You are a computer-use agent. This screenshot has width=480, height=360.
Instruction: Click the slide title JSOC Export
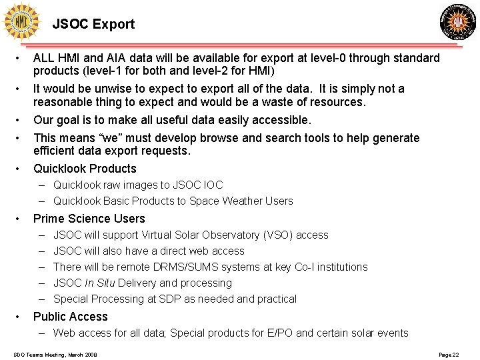[x=93, y=25]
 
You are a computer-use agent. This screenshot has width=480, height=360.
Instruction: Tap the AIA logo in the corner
[x=458, y=22]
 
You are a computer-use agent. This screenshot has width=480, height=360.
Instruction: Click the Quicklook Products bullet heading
[x=85, y=169]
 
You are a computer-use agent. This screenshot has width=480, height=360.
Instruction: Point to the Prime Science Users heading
[x=89, y=219]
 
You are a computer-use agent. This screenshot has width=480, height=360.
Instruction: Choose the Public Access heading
[x=70, y=317]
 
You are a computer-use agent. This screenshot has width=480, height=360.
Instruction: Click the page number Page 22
[x=449, y=355]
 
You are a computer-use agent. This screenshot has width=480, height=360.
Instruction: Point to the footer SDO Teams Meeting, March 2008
[x=55, y=355]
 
